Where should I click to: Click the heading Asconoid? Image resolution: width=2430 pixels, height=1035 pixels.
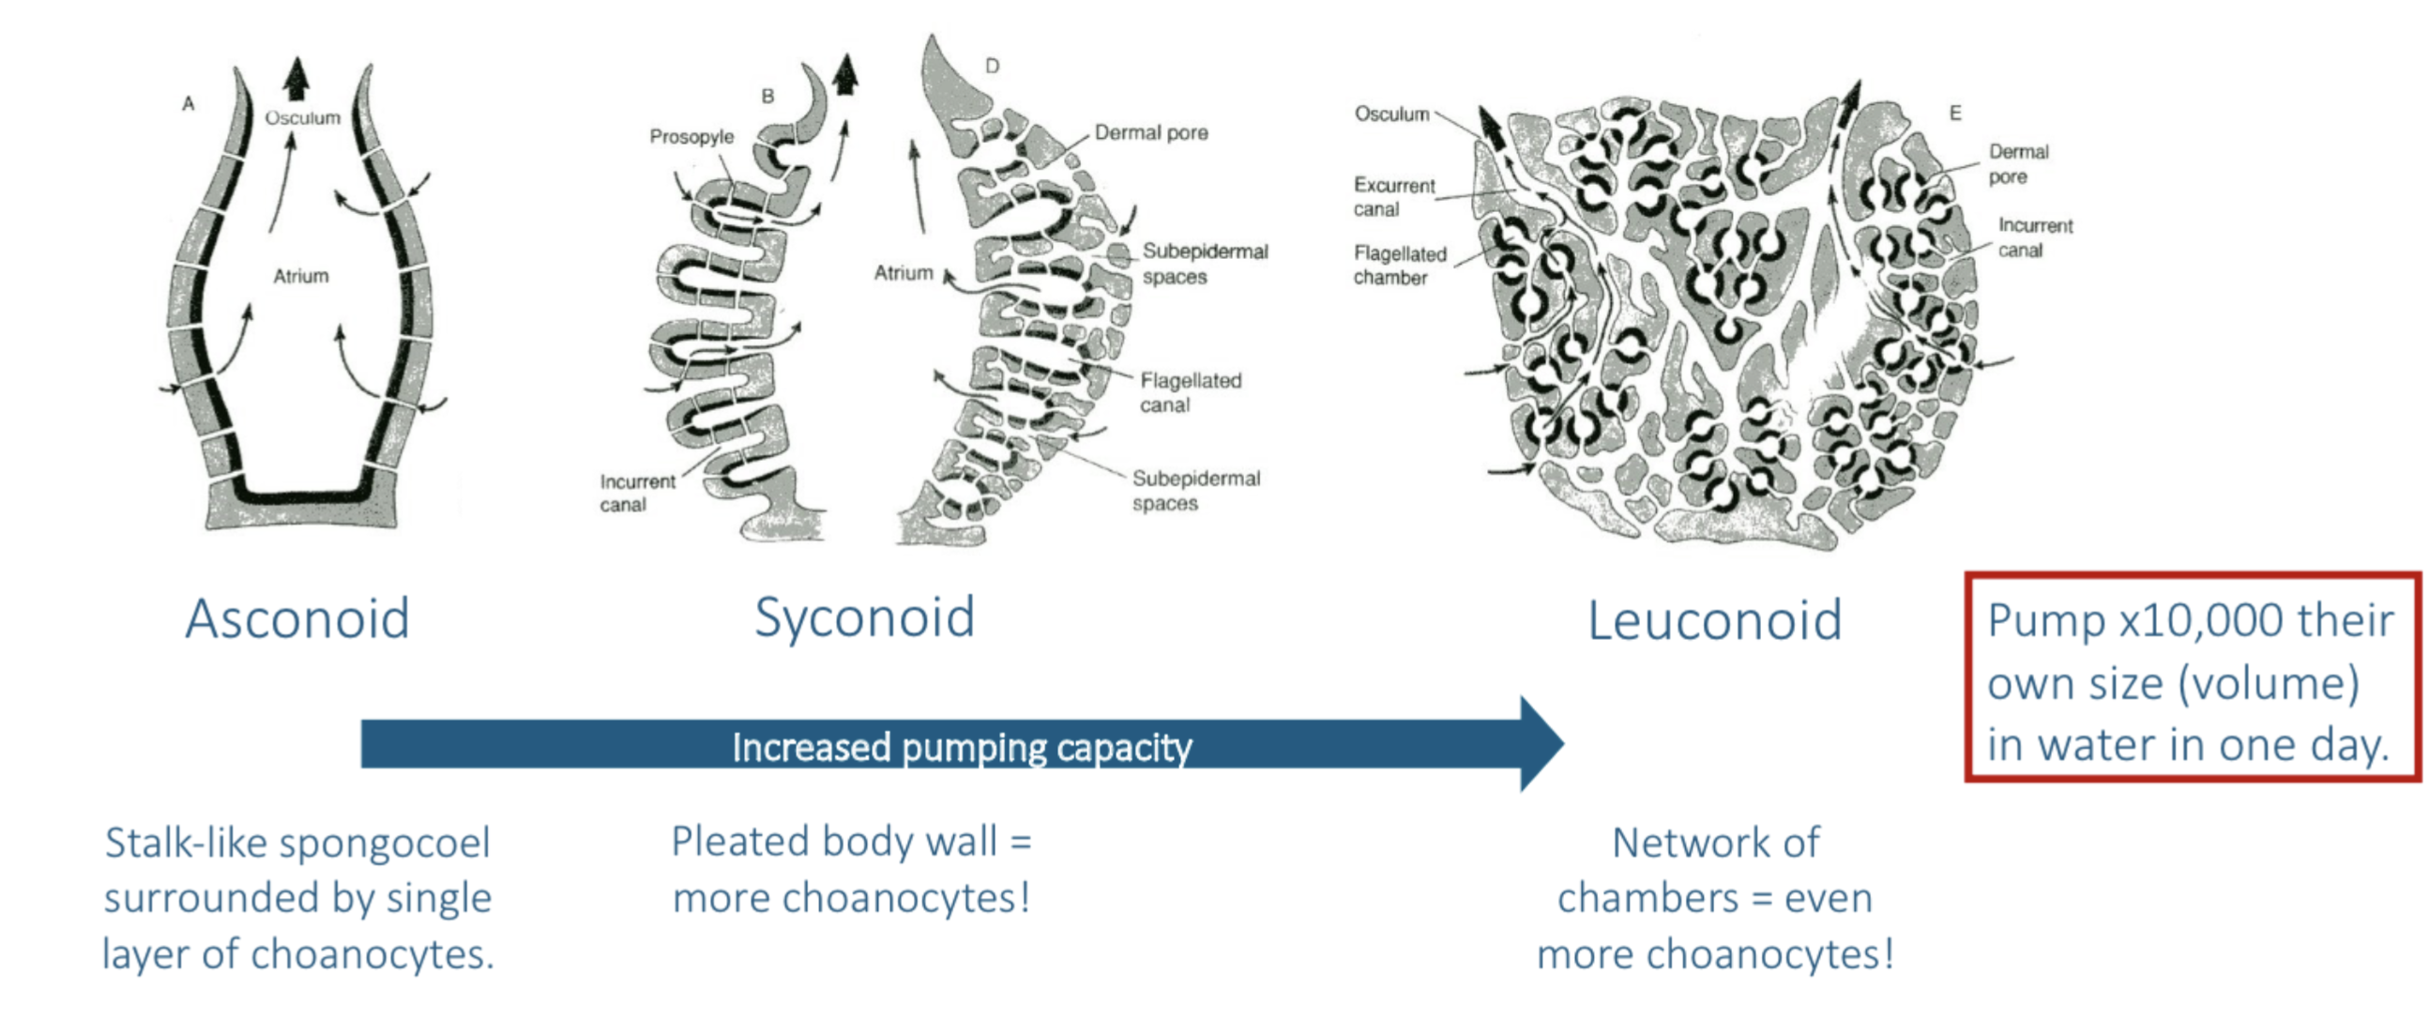click(297, 620)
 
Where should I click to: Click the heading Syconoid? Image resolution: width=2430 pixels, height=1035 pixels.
click(864, 618)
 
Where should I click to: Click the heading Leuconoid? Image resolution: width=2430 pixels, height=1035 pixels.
click(1714, 621)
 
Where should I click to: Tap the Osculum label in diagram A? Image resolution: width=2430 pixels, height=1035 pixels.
click(302, 118)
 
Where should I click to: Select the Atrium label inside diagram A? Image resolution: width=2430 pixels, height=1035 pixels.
click(301, 277)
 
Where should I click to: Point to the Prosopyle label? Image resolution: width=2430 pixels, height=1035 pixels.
click(691, 137)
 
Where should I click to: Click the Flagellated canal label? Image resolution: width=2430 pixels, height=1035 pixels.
click(1190, 392)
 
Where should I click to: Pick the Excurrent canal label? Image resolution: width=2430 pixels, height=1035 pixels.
click(1393, 196)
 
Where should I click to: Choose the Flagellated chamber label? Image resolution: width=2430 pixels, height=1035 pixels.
click(1399, 266)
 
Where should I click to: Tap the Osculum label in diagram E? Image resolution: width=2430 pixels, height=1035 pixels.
click(1391, 114)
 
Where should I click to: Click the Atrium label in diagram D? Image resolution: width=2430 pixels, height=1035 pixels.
click(903, 273)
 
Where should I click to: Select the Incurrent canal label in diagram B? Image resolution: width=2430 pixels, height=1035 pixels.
click(637, 493)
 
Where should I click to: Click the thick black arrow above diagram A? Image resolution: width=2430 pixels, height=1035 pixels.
click(297, 78)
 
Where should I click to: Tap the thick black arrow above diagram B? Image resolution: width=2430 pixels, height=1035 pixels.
click(845, 72)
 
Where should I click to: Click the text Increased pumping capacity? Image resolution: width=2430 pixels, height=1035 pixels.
click(962, 747)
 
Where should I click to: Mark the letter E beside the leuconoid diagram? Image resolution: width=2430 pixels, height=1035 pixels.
click(1955, 114)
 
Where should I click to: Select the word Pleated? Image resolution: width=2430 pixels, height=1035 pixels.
click(736, 842)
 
